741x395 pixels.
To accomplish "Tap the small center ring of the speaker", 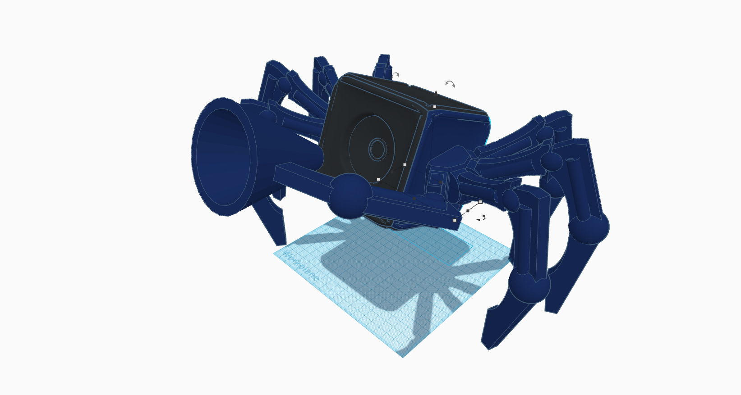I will click(377, 149).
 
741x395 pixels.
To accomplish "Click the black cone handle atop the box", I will click(436, 93).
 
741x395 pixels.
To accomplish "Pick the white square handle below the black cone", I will click(434, 107).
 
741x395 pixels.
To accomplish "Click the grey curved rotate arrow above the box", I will click(450, 84).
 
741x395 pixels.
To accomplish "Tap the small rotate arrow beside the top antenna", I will click(396, 75).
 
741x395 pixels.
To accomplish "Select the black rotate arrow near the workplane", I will click(481, 218).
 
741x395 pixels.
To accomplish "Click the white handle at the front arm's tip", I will click(455, 220).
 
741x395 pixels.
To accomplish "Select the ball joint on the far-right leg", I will click(589, 227).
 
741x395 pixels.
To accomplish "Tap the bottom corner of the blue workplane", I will click(403, 356).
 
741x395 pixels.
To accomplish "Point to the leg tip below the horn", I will click(281, 243).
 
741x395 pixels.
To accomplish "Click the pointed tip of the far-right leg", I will click(551, 311).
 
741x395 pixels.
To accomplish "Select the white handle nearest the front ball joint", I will click(378, 179).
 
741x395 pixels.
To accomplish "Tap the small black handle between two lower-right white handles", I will click(468, 211).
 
